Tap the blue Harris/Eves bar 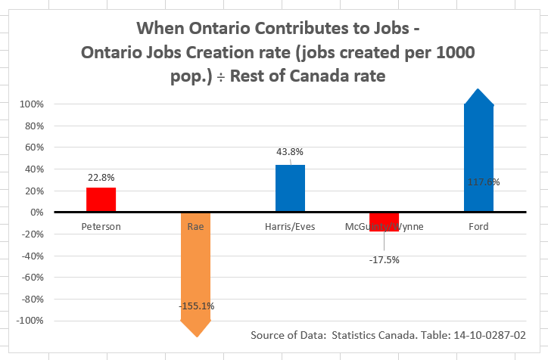290,188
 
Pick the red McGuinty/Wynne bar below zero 385,221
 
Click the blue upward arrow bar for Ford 478,151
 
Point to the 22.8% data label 101,178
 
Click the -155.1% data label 197,306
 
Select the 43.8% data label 290,153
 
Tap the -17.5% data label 385,259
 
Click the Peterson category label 101,225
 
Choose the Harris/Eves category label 290,225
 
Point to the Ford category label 478,225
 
